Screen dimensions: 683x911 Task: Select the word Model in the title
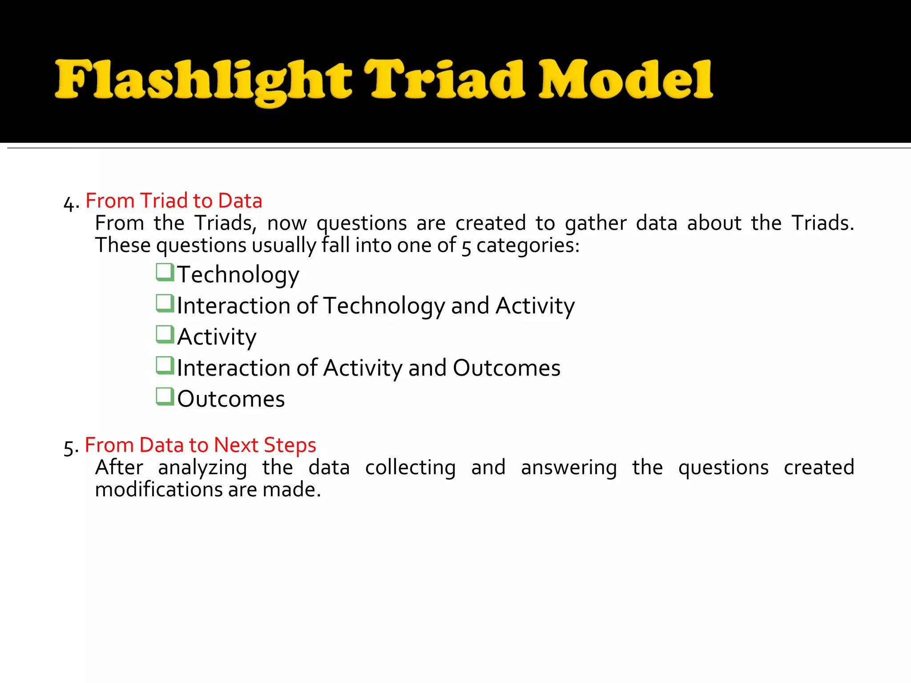(625, 80)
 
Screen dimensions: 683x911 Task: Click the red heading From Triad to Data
(173, 201)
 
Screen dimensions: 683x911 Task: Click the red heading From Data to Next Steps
(200, 445)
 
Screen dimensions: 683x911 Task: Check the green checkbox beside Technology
(165, 272)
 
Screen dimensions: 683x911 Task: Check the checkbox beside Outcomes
(165, 397)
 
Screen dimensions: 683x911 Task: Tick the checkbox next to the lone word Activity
(165, 334)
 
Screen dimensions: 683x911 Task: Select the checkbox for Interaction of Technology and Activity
(165, 303)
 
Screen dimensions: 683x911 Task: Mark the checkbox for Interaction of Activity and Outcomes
(165, 366)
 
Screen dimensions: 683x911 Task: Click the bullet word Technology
(238, 275)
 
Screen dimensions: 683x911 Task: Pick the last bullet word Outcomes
(231, 399)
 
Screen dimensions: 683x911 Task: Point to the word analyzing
(202, 468)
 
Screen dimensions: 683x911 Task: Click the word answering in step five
(569, 468)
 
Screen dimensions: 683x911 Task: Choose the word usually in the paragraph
(283, 245)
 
